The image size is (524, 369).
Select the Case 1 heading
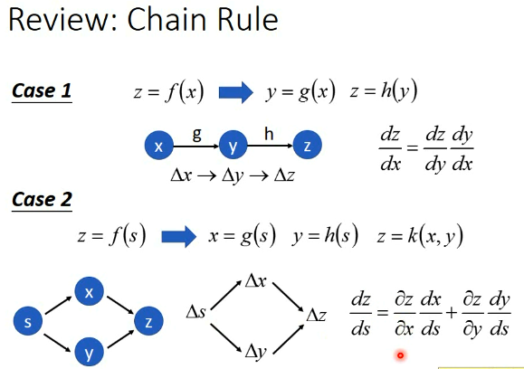coord(42,91)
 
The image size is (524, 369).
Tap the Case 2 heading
coord(42,199)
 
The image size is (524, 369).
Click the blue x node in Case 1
coord(159,145)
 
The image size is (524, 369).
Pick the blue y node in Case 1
coord(233,145)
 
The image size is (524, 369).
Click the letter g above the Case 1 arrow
coord(196,133)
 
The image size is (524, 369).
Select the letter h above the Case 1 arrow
coord(269,133)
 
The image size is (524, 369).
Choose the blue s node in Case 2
coord(28,321)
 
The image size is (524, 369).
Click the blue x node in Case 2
coord(89,292)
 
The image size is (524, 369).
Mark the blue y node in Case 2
coord(89,352)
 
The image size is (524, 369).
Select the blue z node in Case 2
coord(148,321)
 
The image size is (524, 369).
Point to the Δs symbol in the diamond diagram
coord(196,313)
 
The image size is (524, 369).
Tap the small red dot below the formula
coord(399,355)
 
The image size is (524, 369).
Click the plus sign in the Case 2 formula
coord(451,316)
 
